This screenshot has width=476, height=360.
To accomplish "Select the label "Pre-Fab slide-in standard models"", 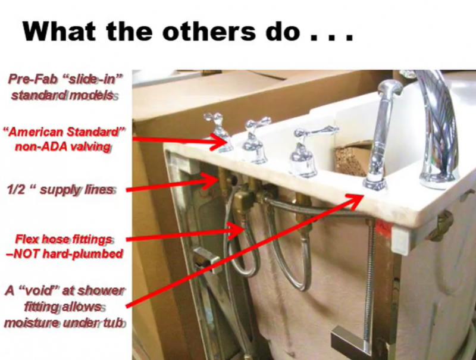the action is click(x=65, y=87).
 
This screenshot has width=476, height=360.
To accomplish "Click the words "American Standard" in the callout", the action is click(x=65, y=132).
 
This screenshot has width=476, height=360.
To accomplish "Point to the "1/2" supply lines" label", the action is click(x=61, y=190).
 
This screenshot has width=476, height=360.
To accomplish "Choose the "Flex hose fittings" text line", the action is click(x=64, y=239).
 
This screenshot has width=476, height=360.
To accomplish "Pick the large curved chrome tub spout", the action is click(x=437, y=127).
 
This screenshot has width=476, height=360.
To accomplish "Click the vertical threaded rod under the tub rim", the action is click(x=369, y=273).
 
